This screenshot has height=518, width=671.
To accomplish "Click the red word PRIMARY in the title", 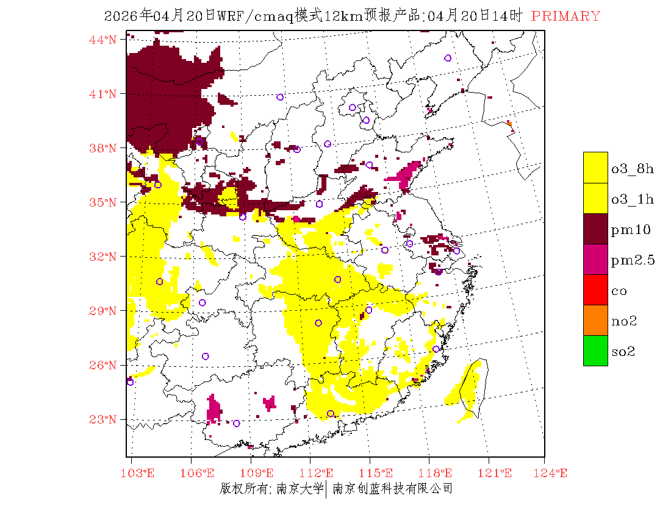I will (565, 16).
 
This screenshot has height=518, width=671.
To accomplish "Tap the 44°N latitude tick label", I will (103, 40).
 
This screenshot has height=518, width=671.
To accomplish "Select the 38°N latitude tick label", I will (103, 148).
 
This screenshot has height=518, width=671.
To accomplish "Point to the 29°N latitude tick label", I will (103, 311).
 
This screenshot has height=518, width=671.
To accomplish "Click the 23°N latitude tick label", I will (103, 419).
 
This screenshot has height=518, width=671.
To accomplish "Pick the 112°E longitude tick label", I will (320, 473).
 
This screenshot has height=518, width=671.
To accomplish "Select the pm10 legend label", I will (631, 230).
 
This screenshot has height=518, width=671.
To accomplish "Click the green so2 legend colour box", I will (595, 351).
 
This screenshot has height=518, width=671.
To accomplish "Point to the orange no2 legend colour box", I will (595, 321).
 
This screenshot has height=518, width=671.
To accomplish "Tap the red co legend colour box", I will (595, 290).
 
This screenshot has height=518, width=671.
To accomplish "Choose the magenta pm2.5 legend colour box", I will (595, 260).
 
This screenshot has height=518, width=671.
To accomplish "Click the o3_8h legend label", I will (633, 169).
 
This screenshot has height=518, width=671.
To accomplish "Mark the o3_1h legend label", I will (633, 199).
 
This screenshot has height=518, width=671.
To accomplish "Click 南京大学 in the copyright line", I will (299, 488).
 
